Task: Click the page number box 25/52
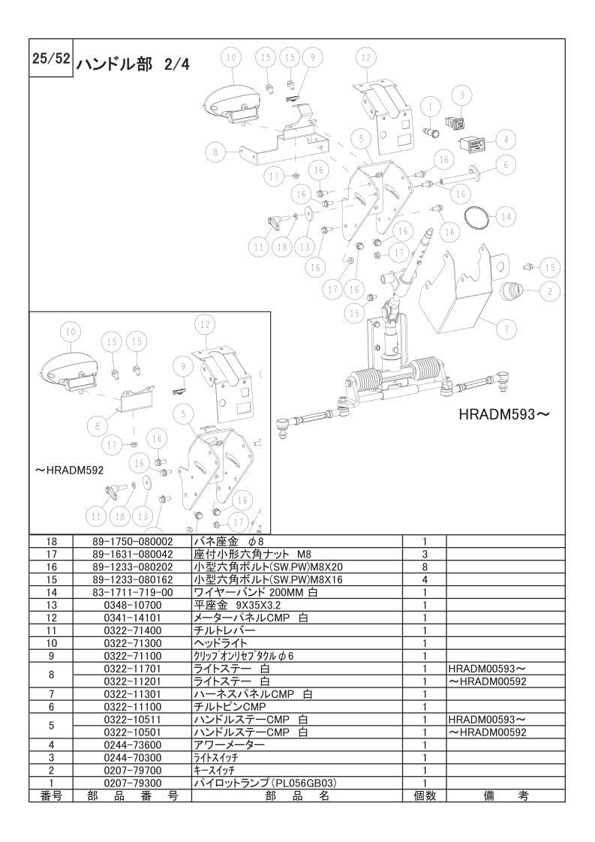(51, 58)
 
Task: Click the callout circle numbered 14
(505, 217)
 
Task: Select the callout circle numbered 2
(550, 292)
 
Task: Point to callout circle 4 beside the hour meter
(505, 140)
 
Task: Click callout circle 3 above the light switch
(461, 97)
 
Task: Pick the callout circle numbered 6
(505, 165)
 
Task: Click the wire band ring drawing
(477, 215)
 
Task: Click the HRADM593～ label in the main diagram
(505, 414)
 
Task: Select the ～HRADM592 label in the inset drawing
(69, 471)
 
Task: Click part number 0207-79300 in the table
(133, 783)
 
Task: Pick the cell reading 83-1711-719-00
(133, 592)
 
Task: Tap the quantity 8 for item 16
(424, 567)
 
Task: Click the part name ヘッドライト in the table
(221, 643)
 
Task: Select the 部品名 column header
(297, 795)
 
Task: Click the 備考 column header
(505, 795)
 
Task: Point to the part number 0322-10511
(133, 720)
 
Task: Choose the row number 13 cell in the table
(51, 605)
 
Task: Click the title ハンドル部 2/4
(133, 65)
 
